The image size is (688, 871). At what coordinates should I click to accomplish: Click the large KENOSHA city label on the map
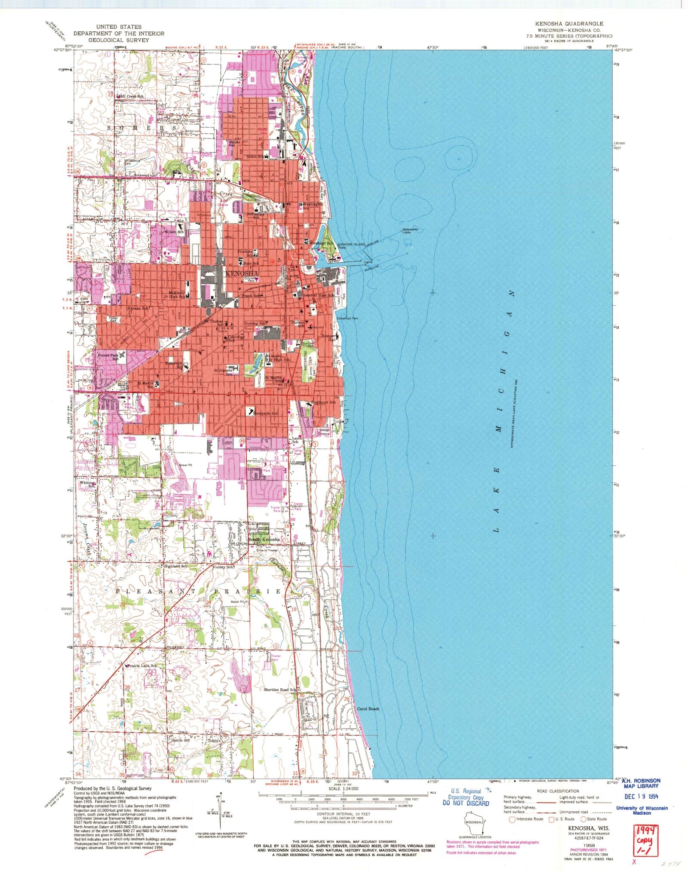241,273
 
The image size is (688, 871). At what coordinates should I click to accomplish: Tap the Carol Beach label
368,708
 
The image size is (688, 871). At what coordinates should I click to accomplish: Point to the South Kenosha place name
264,539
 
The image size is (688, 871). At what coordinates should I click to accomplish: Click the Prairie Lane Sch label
141,666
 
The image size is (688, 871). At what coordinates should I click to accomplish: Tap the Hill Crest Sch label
131,96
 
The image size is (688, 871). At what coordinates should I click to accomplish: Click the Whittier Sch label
87,484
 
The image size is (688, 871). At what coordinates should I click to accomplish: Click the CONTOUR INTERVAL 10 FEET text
343,814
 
